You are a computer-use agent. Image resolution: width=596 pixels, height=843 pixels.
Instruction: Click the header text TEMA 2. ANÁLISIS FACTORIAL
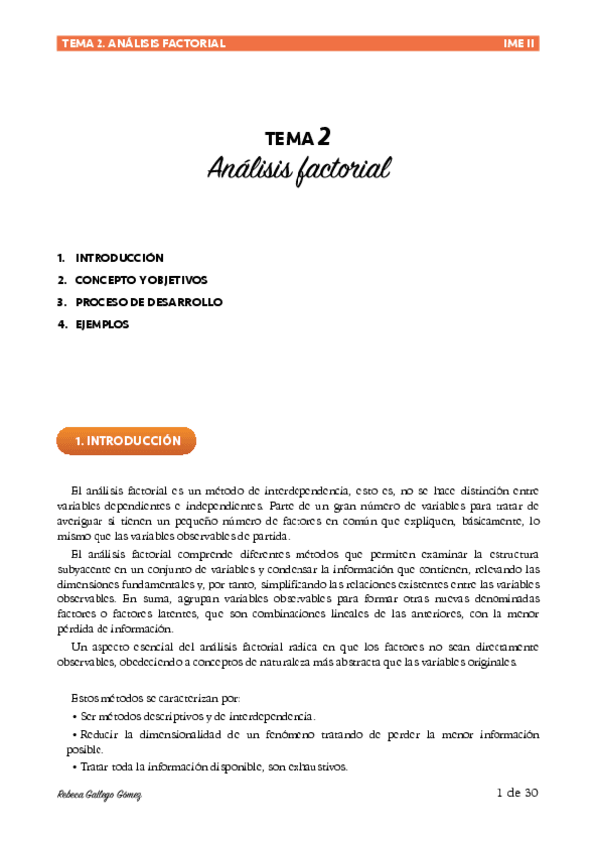(143, 43)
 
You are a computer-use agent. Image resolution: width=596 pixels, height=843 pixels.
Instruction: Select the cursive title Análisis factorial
(298, 168)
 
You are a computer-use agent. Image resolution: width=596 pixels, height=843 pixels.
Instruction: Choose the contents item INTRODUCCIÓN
(119, 258)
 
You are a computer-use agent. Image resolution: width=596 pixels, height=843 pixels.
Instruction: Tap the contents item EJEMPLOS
(102, 324)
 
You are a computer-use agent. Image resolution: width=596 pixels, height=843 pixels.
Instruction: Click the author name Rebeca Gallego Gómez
(102, 797)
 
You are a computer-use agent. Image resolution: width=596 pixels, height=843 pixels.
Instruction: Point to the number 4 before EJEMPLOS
(62, 324)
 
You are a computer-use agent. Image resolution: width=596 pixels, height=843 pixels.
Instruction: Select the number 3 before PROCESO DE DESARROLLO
(62, 302)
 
